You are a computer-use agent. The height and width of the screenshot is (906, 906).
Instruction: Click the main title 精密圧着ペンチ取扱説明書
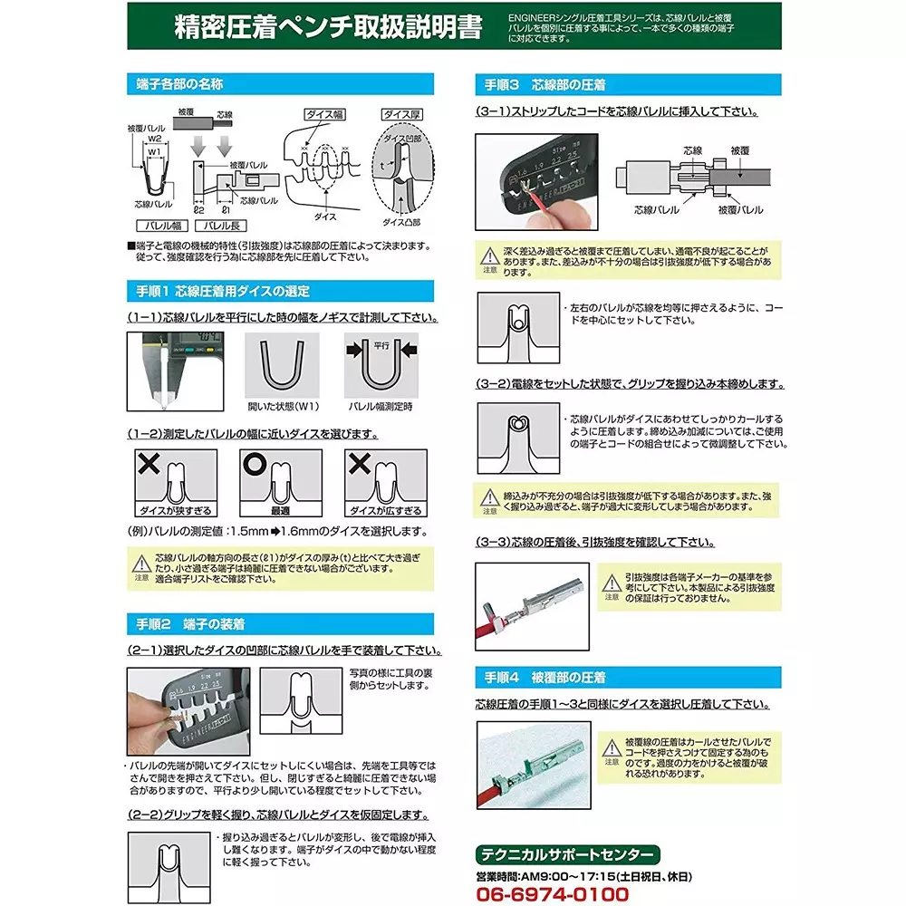(x=328, y=26)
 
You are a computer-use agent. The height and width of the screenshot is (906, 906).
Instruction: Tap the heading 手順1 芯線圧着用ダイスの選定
(x=218, y=291)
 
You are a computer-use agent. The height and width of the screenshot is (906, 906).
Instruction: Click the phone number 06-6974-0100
(x=552, y=893)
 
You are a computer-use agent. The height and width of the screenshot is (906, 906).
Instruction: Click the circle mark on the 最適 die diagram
(x=254, y=463)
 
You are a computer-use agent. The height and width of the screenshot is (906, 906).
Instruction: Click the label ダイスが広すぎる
(x=373, y=511)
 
